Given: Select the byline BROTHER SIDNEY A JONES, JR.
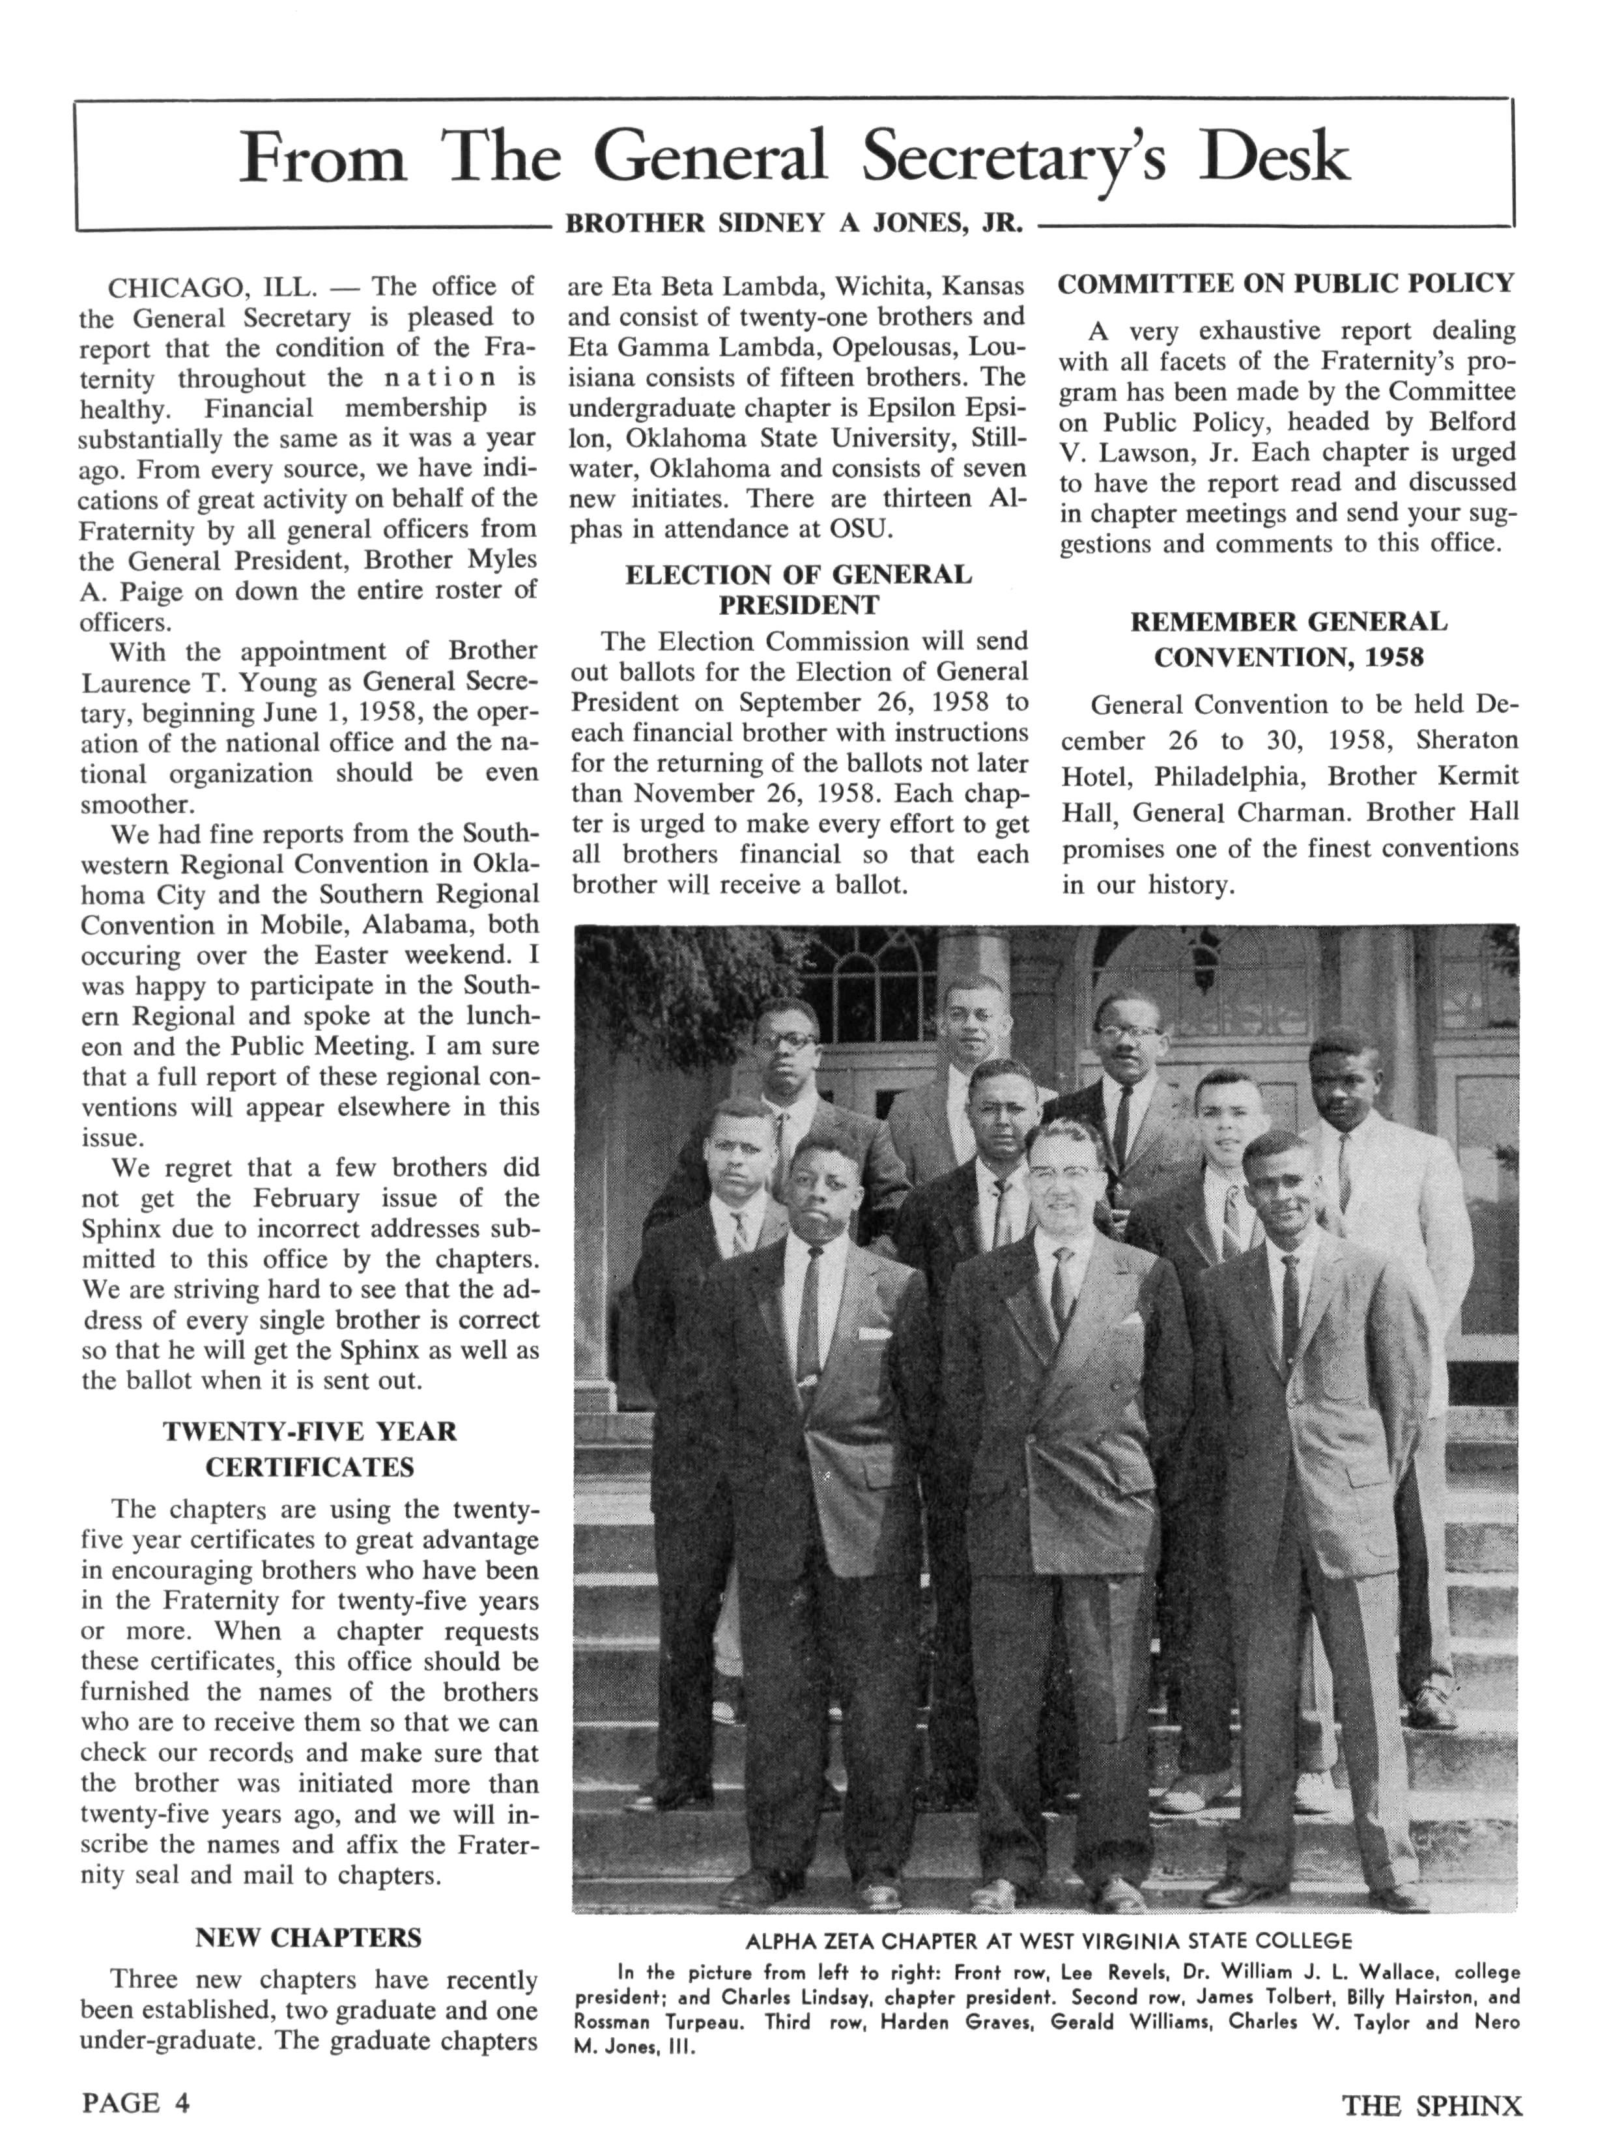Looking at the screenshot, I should [x=792, y=223].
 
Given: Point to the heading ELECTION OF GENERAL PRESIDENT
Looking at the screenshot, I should [x=799, y=589].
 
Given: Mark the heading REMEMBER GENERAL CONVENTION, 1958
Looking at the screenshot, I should [x=1288, y=639].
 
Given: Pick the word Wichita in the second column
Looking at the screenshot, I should [x=879, y=286].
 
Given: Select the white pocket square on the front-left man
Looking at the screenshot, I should [x=874, y=1334].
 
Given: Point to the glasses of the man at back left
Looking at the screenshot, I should [x=785, y=1041].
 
